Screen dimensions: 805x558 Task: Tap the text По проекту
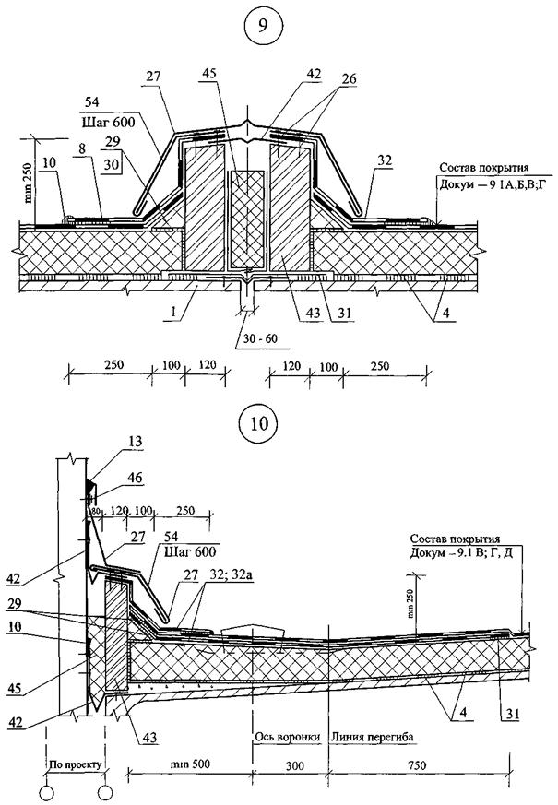(73, 764)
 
